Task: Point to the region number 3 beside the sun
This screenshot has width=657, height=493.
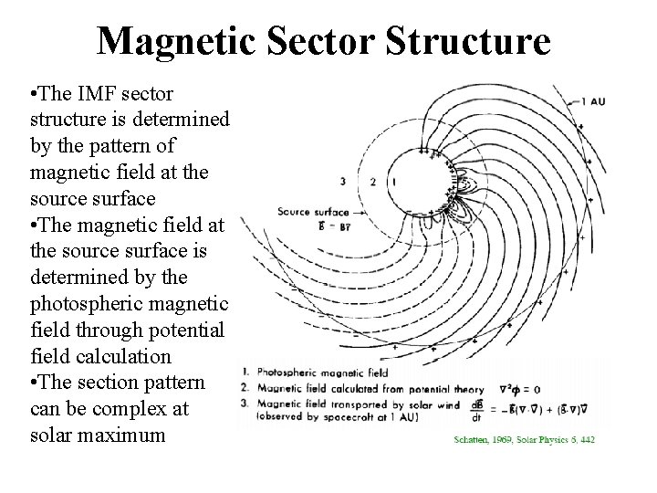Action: click(341, 181)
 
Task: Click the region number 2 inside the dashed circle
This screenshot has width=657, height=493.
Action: click(372, 182)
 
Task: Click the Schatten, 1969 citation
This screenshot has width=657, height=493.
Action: click(524, 439)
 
